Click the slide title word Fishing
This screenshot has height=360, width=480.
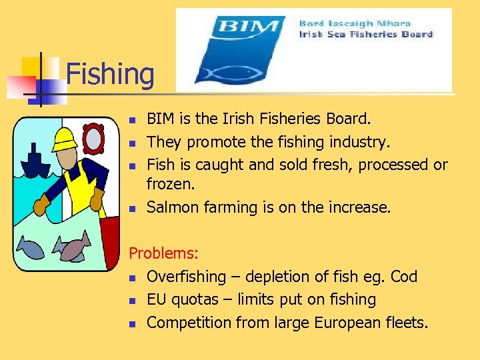tap(110, 74)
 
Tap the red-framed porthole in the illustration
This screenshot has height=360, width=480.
tap(92, 138)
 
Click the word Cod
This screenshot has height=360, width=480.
tap(404, 277)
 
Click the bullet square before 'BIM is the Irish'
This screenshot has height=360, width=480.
tap(133, 120)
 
